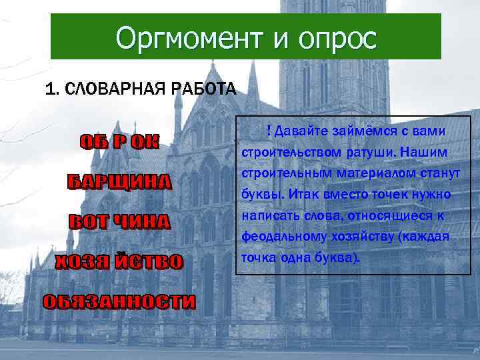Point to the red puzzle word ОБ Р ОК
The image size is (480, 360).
coord(119,143)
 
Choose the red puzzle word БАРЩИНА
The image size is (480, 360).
coord(120,182)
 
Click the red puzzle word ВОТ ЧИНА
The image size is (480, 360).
coord(120,222)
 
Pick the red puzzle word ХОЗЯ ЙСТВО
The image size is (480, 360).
coord(119,261)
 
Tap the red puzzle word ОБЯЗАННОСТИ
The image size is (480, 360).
coord(120,301)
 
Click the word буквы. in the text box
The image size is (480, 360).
coord(261,194)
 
